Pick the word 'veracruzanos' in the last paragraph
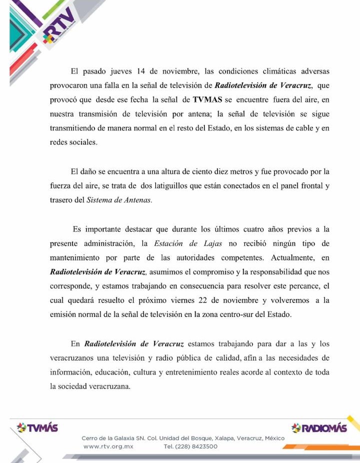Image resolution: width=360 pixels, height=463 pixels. coord(75,358)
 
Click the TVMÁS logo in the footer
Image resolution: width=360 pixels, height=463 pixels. coord(37,428)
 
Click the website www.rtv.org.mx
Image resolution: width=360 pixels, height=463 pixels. coord(108,446)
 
